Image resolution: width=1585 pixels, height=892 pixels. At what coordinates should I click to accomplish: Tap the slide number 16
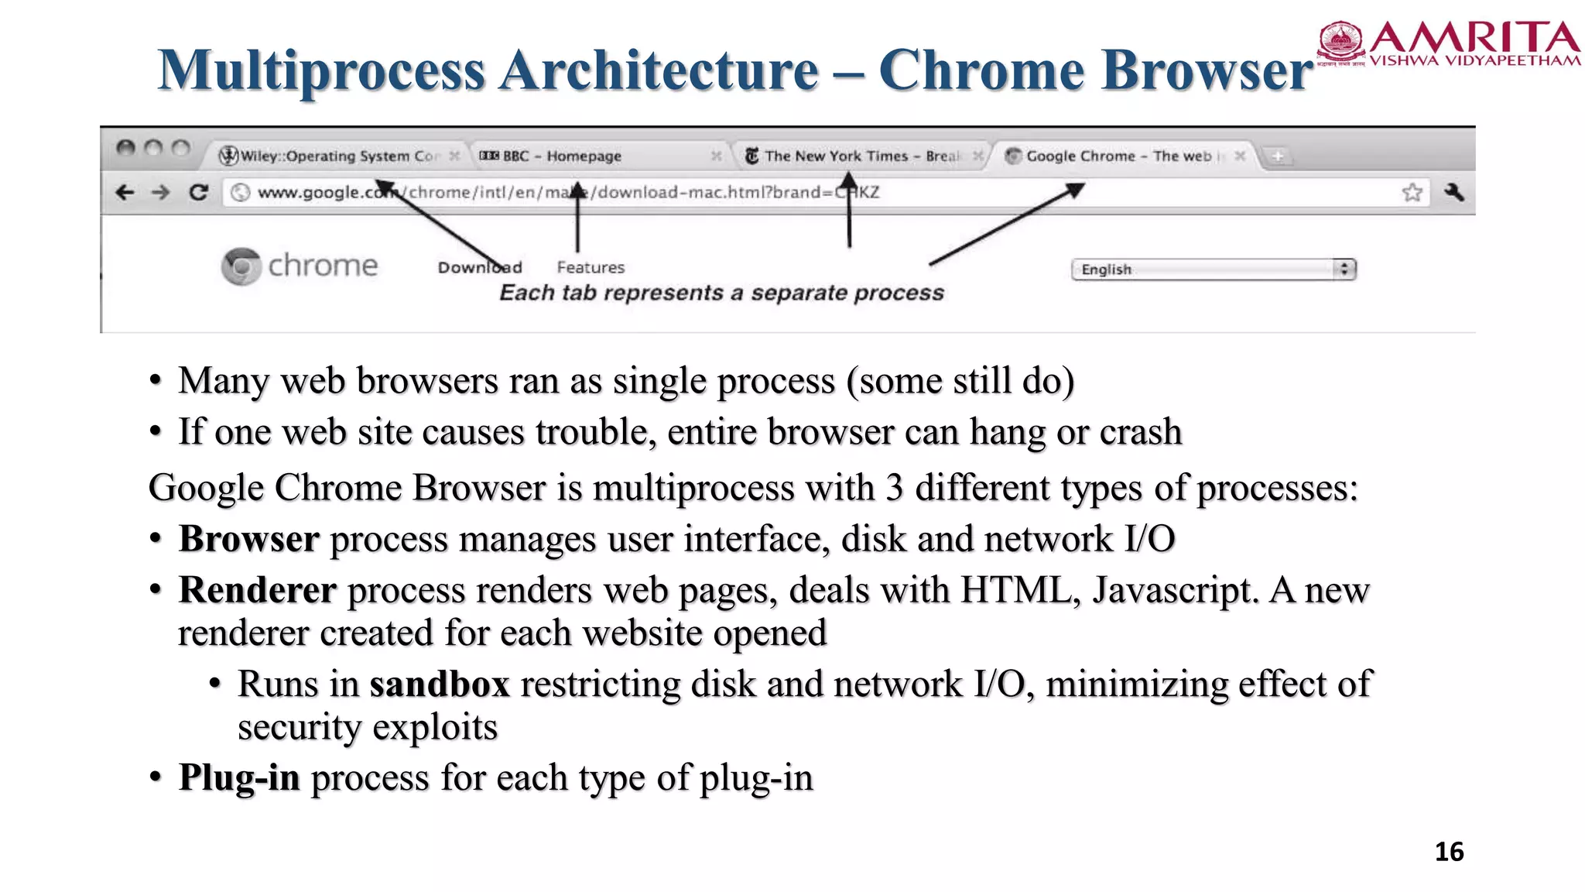1449,852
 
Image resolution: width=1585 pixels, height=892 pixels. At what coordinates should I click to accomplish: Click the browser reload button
199,192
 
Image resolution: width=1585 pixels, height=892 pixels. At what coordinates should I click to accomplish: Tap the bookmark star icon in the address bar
1412,192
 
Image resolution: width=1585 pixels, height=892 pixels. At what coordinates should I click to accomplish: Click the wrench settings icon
1454,192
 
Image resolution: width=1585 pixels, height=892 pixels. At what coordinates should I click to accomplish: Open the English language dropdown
1214,269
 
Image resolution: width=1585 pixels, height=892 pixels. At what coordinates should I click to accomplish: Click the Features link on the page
591,267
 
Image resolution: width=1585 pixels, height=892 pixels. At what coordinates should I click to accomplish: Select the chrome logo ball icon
241,266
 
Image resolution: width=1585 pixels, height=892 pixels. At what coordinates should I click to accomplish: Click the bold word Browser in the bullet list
248,539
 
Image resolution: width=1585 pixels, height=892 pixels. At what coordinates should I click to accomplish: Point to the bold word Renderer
257,590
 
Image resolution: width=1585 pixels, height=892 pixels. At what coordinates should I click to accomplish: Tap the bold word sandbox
440,684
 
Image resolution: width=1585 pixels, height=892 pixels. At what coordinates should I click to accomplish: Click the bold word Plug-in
239,777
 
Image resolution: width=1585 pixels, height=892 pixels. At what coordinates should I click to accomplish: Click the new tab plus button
1278,156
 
